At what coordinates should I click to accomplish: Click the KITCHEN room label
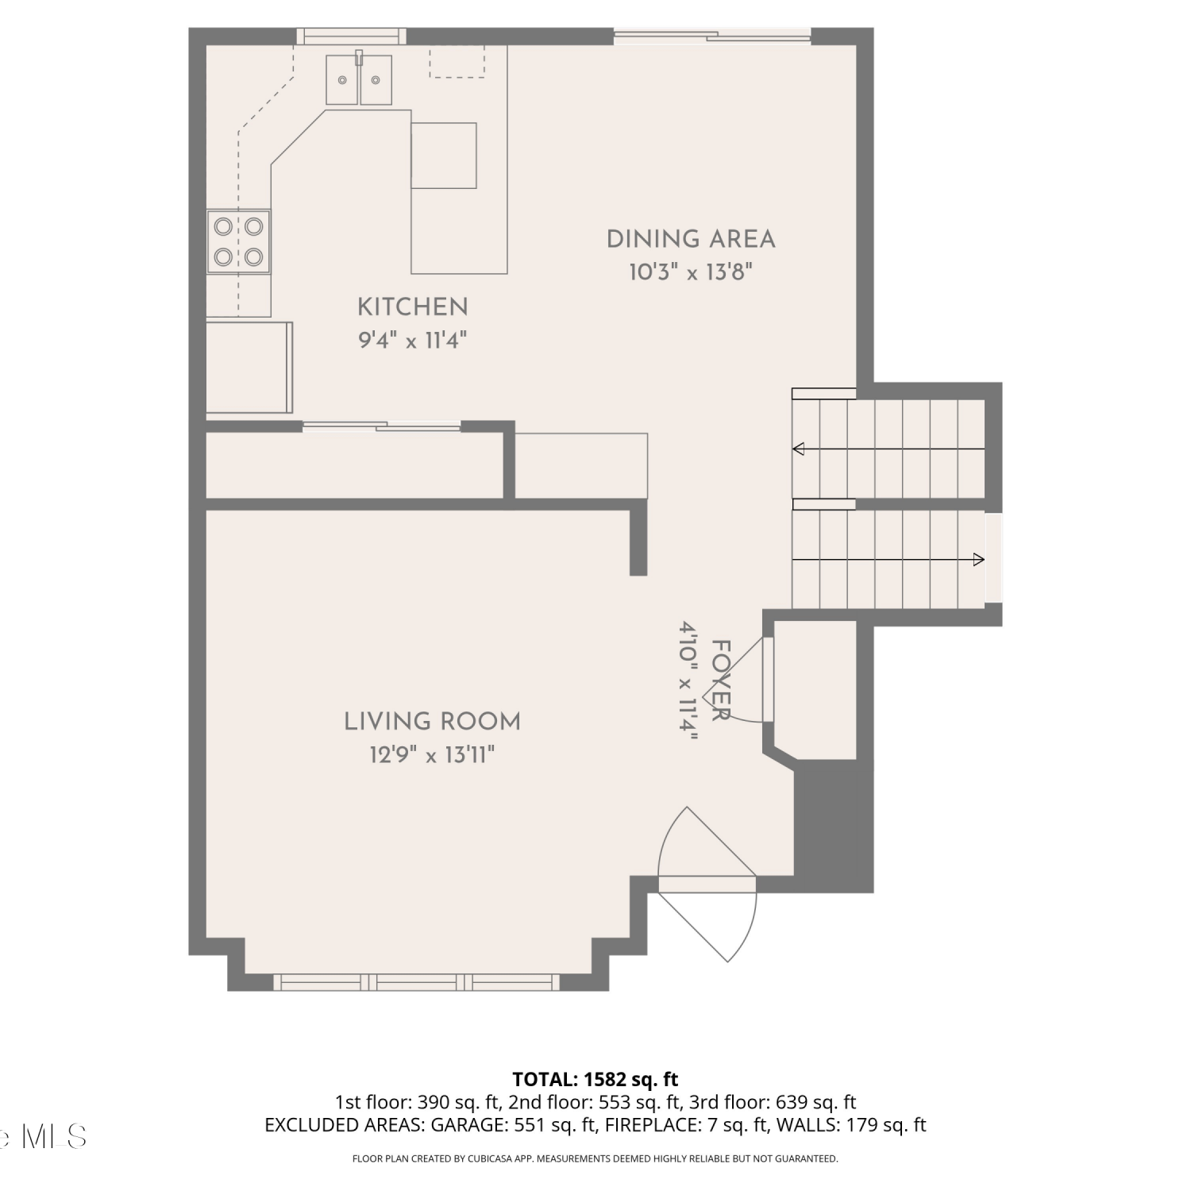(x=412, y=307)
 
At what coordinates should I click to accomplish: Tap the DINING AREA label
(x=691, y=239)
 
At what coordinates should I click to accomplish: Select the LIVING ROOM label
(x=432, y=722)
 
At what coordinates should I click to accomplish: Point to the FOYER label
(x=720, y=680)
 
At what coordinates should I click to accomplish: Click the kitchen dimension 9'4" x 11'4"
(x=412, y=341)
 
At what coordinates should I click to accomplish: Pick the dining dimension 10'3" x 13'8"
(x=691, y=272)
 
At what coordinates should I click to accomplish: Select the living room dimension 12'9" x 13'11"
(x=432, y=754)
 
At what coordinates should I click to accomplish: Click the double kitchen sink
(x=359, y=79)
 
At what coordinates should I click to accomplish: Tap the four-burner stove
(x=238, y=241)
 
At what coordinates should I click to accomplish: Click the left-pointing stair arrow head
(x=798, y=449)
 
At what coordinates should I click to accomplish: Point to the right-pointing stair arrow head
(x=979, y=560)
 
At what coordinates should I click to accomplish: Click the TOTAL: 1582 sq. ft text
(x=595, y=1079)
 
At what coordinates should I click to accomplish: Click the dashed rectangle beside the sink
(x=457, y=61)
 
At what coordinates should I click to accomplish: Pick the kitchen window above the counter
(x=351, y=36)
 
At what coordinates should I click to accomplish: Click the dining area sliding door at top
(x=712, y=36)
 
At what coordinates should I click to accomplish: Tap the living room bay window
(x=417, y=982)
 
